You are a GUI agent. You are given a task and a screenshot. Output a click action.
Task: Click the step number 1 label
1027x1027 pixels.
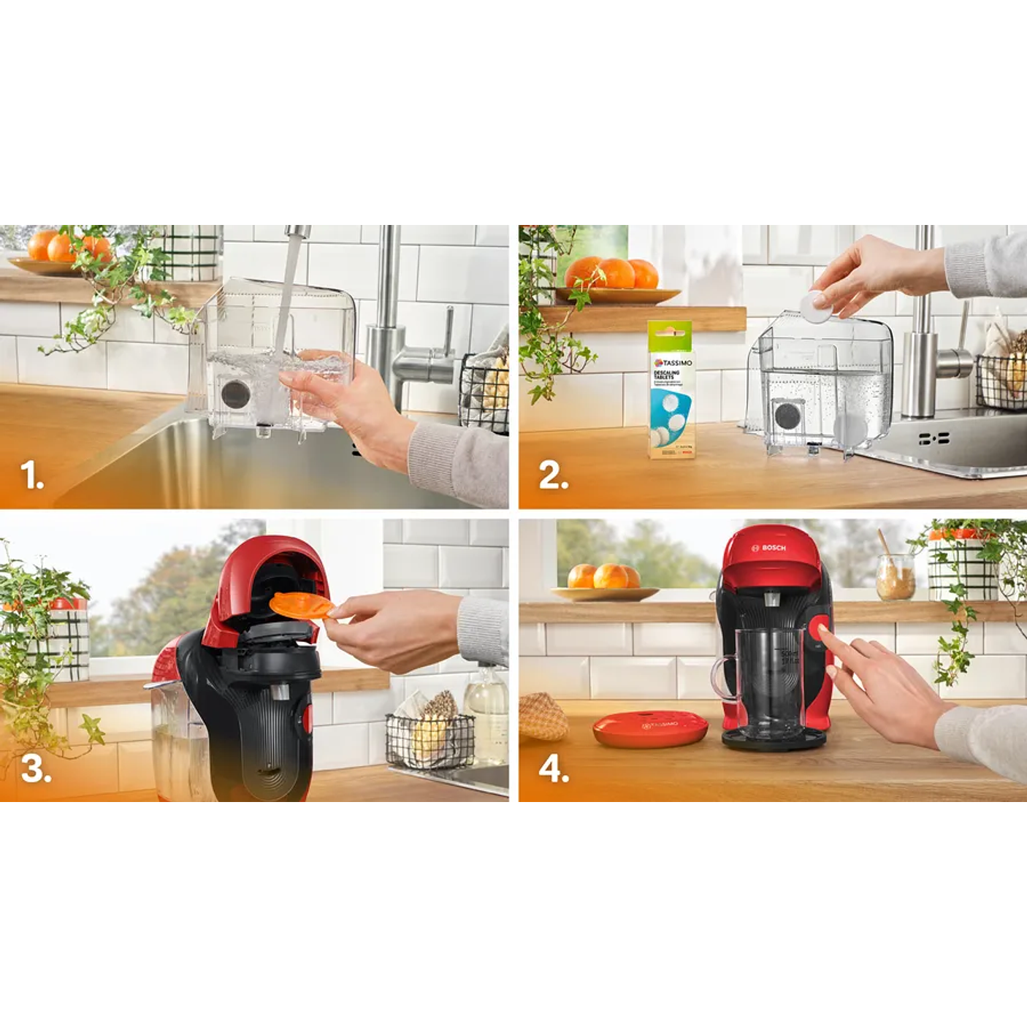point(32,476)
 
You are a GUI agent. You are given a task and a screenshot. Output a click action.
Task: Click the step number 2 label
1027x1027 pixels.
point(553,476)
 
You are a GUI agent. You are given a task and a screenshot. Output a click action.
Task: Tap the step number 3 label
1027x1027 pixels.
point(36,768)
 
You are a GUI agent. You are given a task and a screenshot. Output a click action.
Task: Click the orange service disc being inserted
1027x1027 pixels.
point(299,605)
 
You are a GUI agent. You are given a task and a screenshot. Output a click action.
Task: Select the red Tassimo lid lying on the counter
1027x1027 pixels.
point(649,728)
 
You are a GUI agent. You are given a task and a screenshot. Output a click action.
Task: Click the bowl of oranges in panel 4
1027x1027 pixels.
point(603,582)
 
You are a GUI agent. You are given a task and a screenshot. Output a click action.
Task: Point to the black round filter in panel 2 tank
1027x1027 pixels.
point(787,416)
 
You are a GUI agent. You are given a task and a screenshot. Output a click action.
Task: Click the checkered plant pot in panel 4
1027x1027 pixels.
point(962,566)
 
